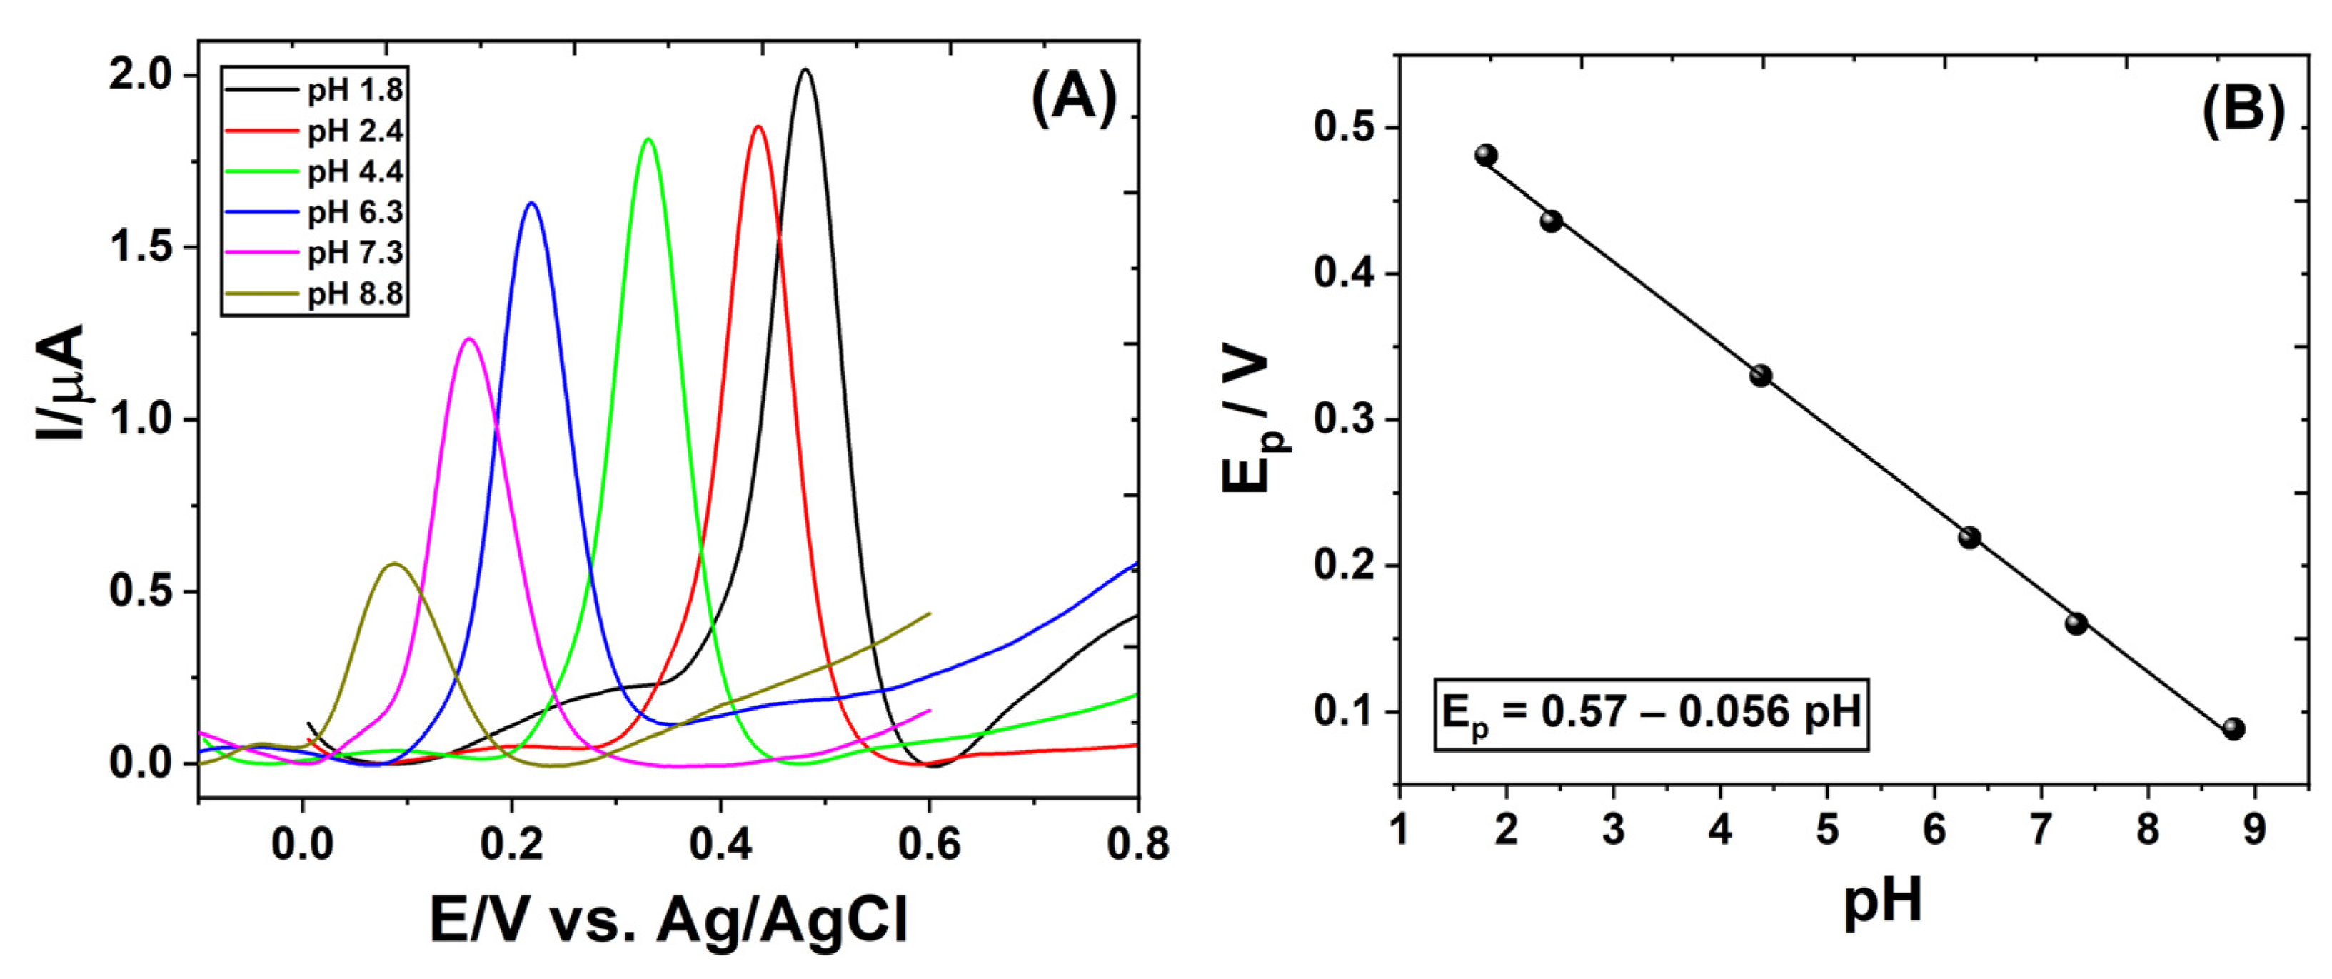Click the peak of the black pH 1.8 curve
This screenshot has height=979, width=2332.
click(x=805, y=70)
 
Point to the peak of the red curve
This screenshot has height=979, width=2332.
click(x=758, y=127)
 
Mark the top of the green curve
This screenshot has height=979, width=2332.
click(x=648, y=139)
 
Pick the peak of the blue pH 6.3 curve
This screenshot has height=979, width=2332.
click(x=531, y=204)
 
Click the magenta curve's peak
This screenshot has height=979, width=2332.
click(x=469, y=340)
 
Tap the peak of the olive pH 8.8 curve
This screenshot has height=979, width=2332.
click(x=393, y=564)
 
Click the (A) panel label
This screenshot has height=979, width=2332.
click(x=1074, y=98)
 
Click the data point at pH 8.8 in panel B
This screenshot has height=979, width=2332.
click(x=2233, y=728)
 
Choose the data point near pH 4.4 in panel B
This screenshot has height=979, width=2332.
click(x=1761, y=376)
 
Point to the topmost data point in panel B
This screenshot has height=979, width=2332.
click(x=1486, y=155)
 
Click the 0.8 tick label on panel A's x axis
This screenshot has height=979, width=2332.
click(x=1137, y=845)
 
